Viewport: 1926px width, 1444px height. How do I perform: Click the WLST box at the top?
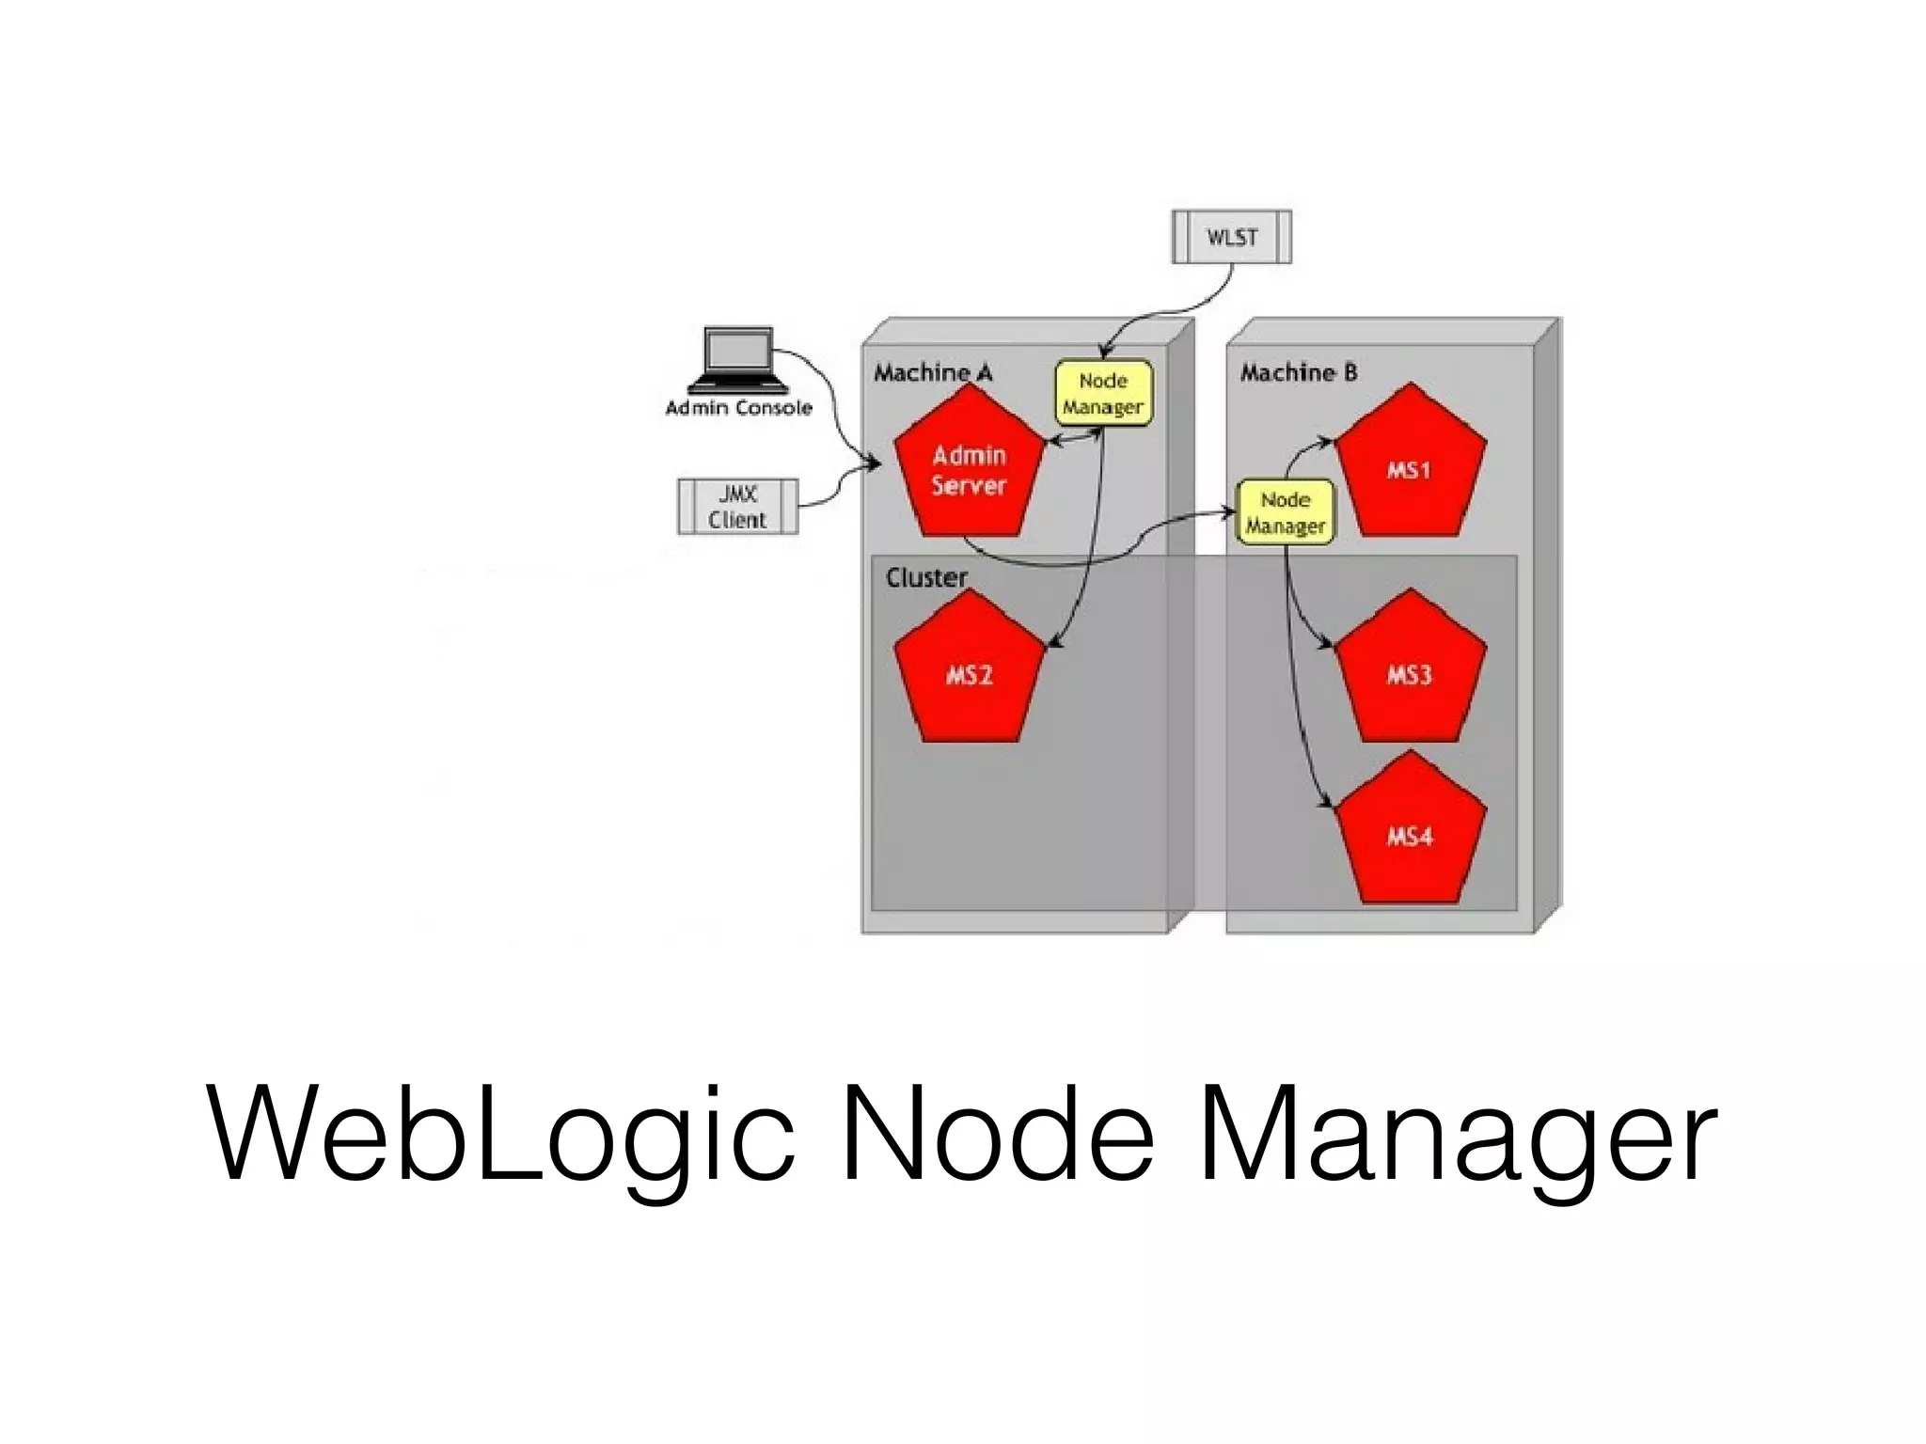(1231, 237)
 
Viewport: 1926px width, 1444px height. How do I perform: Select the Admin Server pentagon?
(969, 470)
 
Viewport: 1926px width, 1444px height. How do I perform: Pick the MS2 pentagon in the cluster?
(969, 673)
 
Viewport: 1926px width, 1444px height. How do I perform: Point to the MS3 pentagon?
(1410, 673)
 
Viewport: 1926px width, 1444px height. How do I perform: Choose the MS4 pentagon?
(1410, 835)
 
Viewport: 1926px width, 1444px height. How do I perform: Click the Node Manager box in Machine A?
(1103, 393)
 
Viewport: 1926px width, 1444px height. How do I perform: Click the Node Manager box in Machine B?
(1285, 512)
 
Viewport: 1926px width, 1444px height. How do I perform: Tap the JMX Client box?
(737, 507)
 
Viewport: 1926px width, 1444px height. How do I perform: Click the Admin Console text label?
(738, 408)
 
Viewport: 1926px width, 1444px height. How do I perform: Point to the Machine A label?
(932, 373)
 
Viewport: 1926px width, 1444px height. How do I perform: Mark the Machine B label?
(1298, 373)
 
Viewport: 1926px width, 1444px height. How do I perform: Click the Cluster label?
(925, 577)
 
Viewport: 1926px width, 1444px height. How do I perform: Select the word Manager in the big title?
(1457, 1134)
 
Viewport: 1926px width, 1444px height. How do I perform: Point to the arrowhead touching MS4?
(1327, 804)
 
